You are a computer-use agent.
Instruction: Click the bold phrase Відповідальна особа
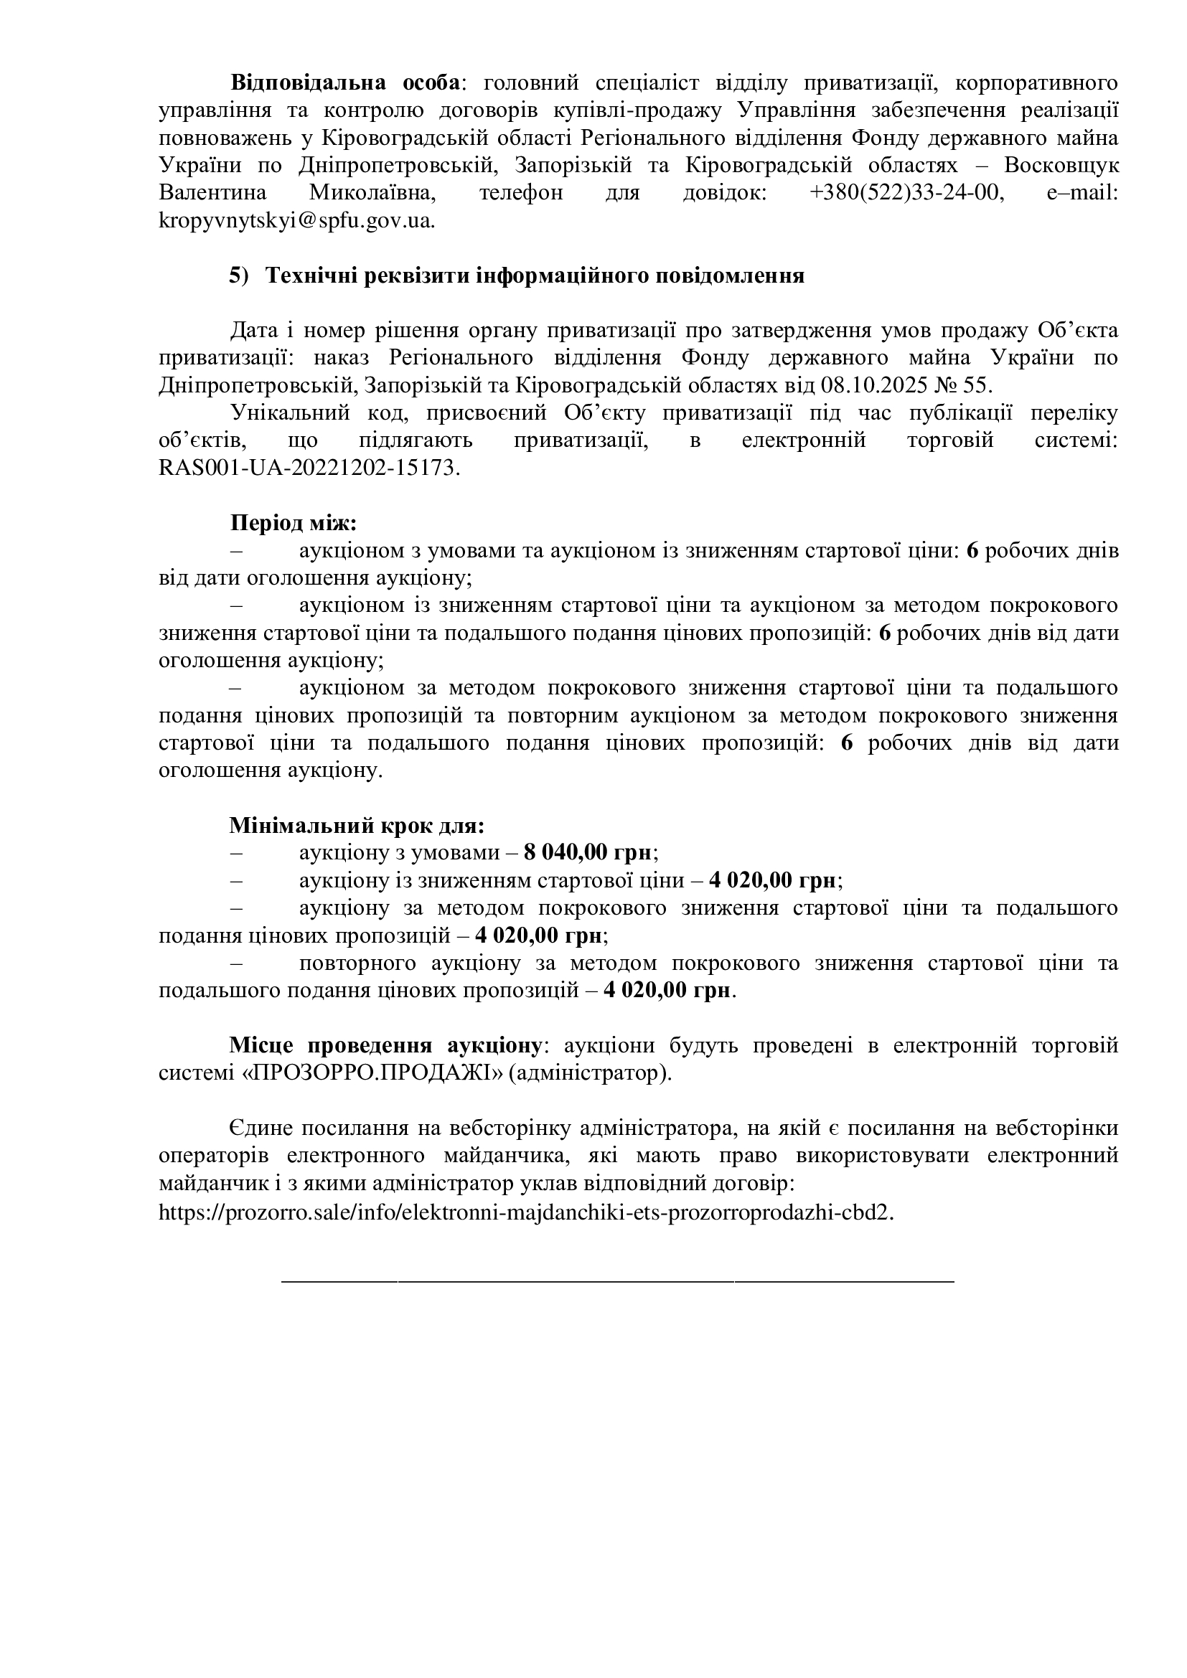(345, 83)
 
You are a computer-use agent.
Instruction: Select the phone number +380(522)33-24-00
(904, 193)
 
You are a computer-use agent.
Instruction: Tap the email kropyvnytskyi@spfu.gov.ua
(296, 221)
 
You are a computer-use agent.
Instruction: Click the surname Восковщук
(1061, 166)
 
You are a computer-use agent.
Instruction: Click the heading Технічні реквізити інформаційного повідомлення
(535, 275)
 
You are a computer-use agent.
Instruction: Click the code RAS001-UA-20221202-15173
(309, 468)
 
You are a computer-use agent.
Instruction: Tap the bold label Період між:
(293, 523)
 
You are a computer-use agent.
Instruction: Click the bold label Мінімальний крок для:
(357, 826)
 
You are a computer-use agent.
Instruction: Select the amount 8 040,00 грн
(588, 853)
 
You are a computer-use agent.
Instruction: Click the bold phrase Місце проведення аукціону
(386, 1046)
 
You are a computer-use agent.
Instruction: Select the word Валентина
(212, 193)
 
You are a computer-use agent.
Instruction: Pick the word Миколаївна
(372, 193)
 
